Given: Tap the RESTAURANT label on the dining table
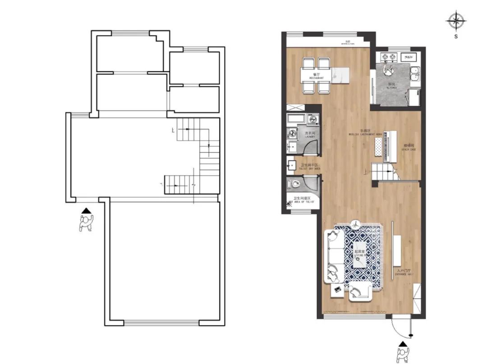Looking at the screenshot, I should pos(317,76).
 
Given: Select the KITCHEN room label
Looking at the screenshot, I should pos(391,86).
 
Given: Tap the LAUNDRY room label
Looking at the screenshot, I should pos(309,135).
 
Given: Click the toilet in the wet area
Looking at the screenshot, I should pos(295,184).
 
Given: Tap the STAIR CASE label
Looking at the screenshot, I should pos(409,147).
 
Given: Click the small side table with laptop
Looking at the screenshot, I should pos(337,290).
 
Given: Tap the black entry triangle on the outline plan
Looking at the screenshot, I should pos(86,210).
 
